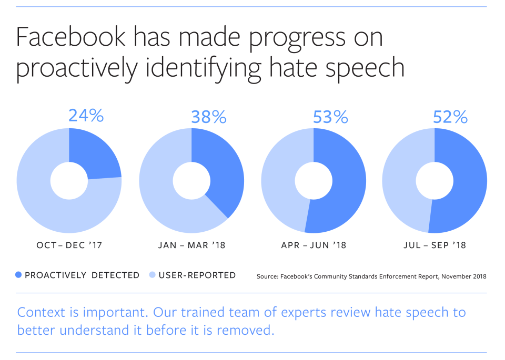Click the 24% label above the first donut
click(x=86, y=116)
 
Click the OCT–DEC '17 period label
click(x=69, y=245)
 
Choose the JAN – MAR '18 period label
click(x=191, y=245)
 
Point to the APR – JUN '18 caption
click(x=314, y=245)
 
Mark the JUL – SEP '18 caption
click(x=435, y=245)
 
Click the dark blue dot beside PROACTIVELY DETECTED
click(x=19, y=275)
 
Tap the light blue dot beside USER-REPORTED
click(x=153, y=275)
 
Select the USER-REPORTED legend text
click(x=197, y=275)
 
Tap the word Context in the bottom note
click(x=43, y=313)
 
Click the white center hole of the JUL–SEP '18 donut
click(x=435, y=181)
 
